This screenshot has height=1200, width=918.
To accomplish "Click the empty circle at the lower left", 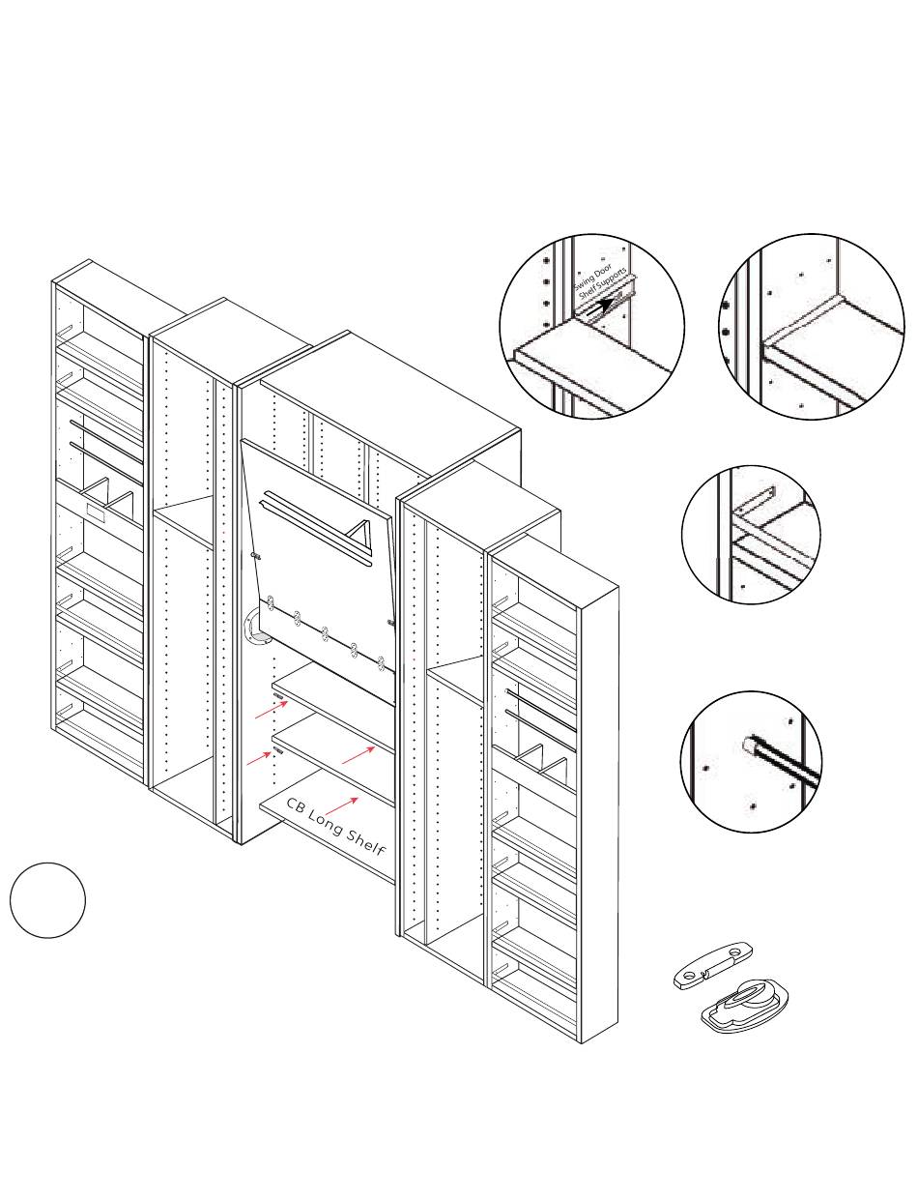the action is pos(47,899).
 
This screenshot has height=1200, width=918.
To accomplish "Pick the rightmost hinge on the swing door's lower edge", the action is pos(382,663).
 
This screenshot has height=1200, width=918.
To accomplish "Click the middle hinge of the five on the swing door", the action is pos(327,633).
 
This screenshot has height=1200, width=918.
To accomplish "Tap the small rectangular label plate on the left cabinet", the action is pos(98,510).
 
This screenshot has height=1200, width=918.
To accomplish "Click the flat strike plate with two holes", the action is pos(712,966).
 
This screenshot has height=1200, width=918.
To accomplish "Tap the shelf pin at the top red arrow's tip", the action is pos(277,696).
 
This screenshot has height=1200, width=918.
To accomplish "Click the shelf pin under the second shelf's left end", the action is pos(277,749).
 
